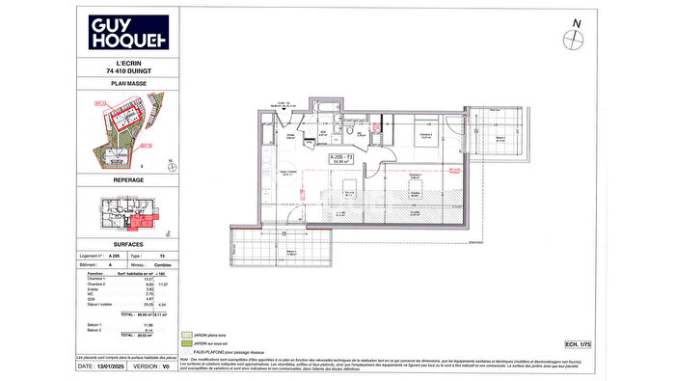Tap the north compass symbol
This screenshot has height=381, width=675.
[x=576, y=38]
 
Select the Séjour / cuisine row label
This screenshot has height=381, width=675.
[x=101, y=305]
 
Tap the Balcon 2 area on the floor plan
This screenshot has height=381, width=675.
[x=499, y=135]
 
